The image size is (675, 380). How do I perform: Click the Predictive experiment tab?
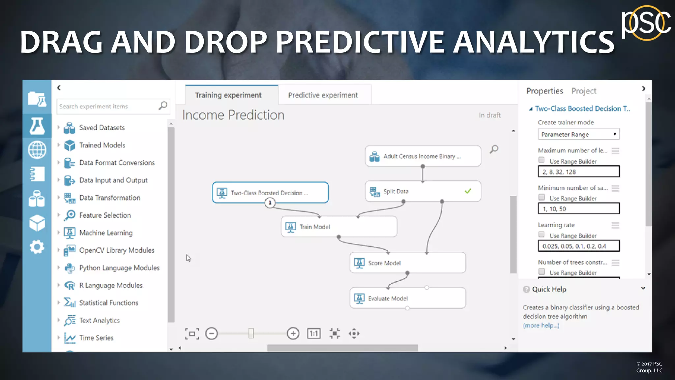tap(323, 95)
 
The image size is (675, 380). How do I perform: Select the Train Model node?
tap(339, 227)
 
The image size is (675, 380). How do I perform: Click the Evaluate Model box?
tap(407, 298)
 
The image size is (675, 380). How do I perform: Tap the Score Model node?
tap(407, 263)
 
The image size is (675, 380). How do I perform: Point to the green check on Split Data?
tap(468, 191)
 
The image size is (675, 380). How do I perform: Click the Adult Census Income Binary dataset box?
tap(423, 156)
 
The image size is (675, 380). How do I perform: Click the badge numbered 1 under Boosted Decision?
tap(270, 203)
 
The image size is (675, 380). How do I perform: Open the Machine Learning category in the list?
tap(106, 233)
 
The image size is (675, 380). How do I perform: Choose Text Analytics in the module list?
tap(99, 320)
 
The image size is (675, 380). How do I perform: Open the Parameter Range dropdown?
tap(578, 134)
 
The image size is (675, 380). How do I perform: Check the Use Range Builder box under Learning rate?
tap(542, 235)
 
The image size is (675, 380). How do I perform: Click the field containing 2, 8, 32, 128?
tap(578, 172)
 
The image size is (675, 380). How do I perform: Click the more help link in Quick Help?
tap(541, 326)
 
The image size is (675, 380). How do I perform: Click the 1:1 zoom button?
tap(314, 333)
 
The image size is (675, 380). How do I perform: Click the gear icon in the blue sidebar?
tap(37, 247)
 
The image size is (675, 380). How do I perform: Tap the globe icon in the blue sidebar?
tap(37, 150)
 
